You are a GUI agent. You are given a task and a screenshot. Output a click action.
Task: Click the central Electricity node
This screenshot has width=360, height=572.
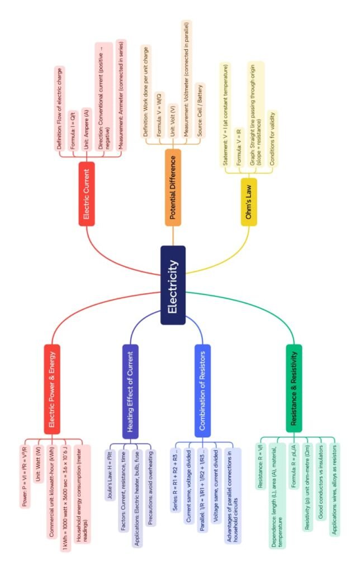[x=173, y=285]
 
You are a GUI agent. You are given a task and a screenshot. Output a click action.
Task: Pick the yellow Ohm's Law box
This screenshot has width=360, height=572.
[x=249, y=202]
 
